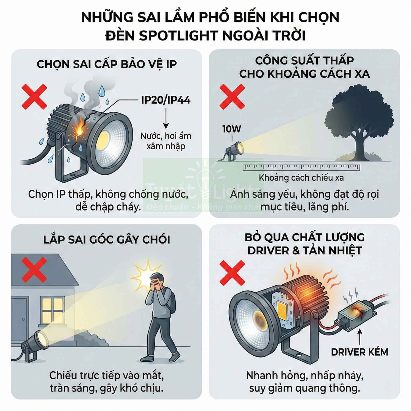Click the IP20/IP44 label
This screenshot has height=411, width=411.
coord(166,100)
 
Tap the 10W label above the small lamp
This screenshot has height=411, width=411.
coord(232,129)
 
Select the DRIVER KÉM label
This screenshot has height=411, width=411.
coord(359,352)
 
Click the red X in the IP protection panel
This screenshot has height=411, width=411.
coord(34,97)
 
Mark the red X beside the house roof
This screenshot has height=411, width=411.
coord(34,270)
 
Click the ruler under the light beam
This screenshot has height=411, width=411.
coord(301,167)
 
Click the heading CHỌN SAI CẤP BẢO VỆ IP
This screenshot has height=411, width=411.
coord(107,64)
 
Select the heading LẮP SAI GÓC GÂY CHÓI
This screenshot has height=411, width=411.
coord(107,239)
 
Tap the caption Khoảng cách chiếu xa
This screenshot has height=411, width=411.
coord(301,178)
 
